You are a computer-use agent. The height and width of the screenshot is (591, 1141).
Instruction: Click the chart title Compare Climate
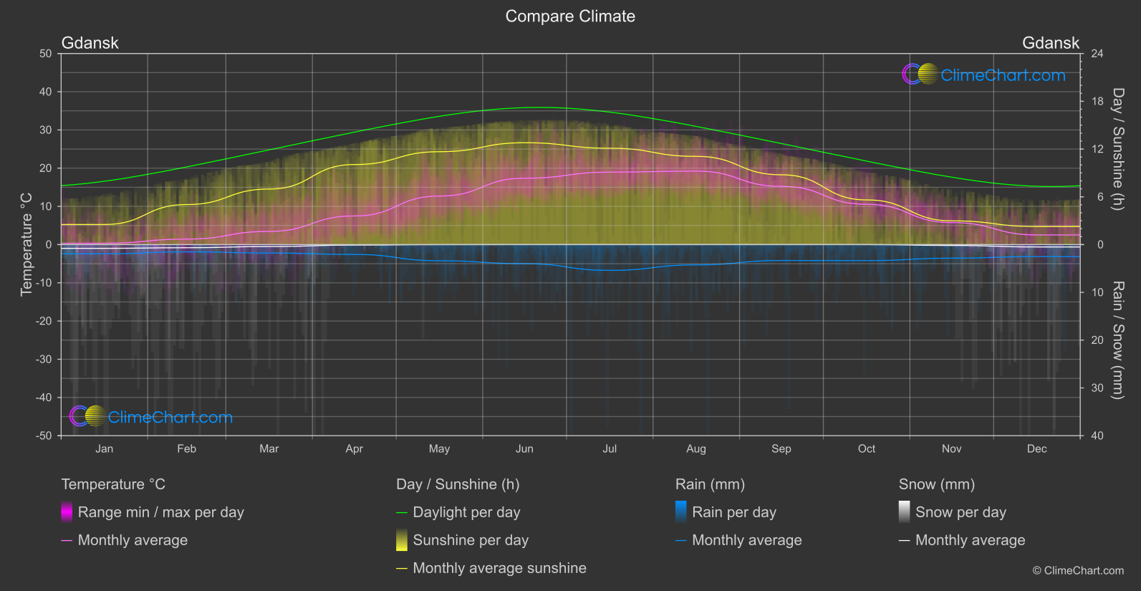pos(570,16)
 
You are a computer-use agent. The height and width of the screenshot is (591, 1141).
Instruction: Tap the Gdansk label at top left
pos(90,43)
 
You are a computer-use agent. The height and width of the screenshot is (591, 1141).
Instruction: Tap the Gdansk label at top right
pos(1050,43)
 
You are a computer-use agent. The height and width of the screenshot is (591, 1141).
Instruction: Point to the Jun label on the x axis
pos(524,449)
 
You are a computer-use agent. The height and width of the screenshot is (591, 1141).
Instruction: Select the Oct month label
pos(867,449)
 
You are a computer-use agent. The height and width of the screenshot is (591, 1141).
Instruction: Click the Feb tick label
pos(186,449)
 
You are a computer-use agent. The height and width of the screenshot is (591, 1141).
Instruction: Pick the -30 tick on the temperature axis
pos(44,360)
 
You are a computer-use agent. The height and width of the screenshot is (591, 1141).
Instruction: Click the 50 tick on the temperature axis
pos(46,54)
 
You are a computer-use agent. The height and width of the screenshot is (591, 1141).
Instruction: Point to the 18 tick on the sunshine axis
pos(1097,102)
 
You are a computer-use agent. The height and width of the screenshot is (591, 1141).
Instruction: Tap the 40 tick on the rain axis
pos(1097,436)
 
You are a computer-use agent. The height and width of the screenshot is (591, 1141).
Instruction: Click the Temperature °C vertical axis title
pos(27,244)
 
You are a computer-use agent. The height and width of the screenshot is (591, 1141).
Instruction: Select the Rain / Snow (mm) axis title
pos(1117,340)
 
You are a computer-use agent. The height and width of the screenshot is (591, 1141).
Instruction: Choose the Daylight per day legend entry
pos(466,512)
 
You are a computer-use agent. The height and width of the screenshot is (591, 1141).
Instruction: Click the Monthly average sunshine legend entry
pos(499,568)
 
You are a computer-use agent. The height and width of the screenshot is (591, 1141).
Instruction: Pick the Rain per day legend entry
pos(733,512)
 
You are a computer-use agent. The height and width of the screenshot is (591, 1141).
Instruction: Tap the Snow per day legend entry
pos(961,512)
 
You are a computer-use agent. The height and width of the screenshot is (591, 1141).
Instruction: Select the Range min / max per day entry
pos(160,512)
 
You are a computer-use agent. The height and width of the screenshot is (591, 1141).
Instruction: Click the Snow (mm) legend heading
pos(936,484)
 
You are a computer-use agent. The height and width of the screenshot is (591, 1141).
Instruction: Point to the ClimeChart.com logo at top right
pos(985,75)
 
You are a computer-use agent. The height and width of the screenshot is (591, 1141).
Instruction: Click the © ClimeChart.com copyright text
pos(1078,571)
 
